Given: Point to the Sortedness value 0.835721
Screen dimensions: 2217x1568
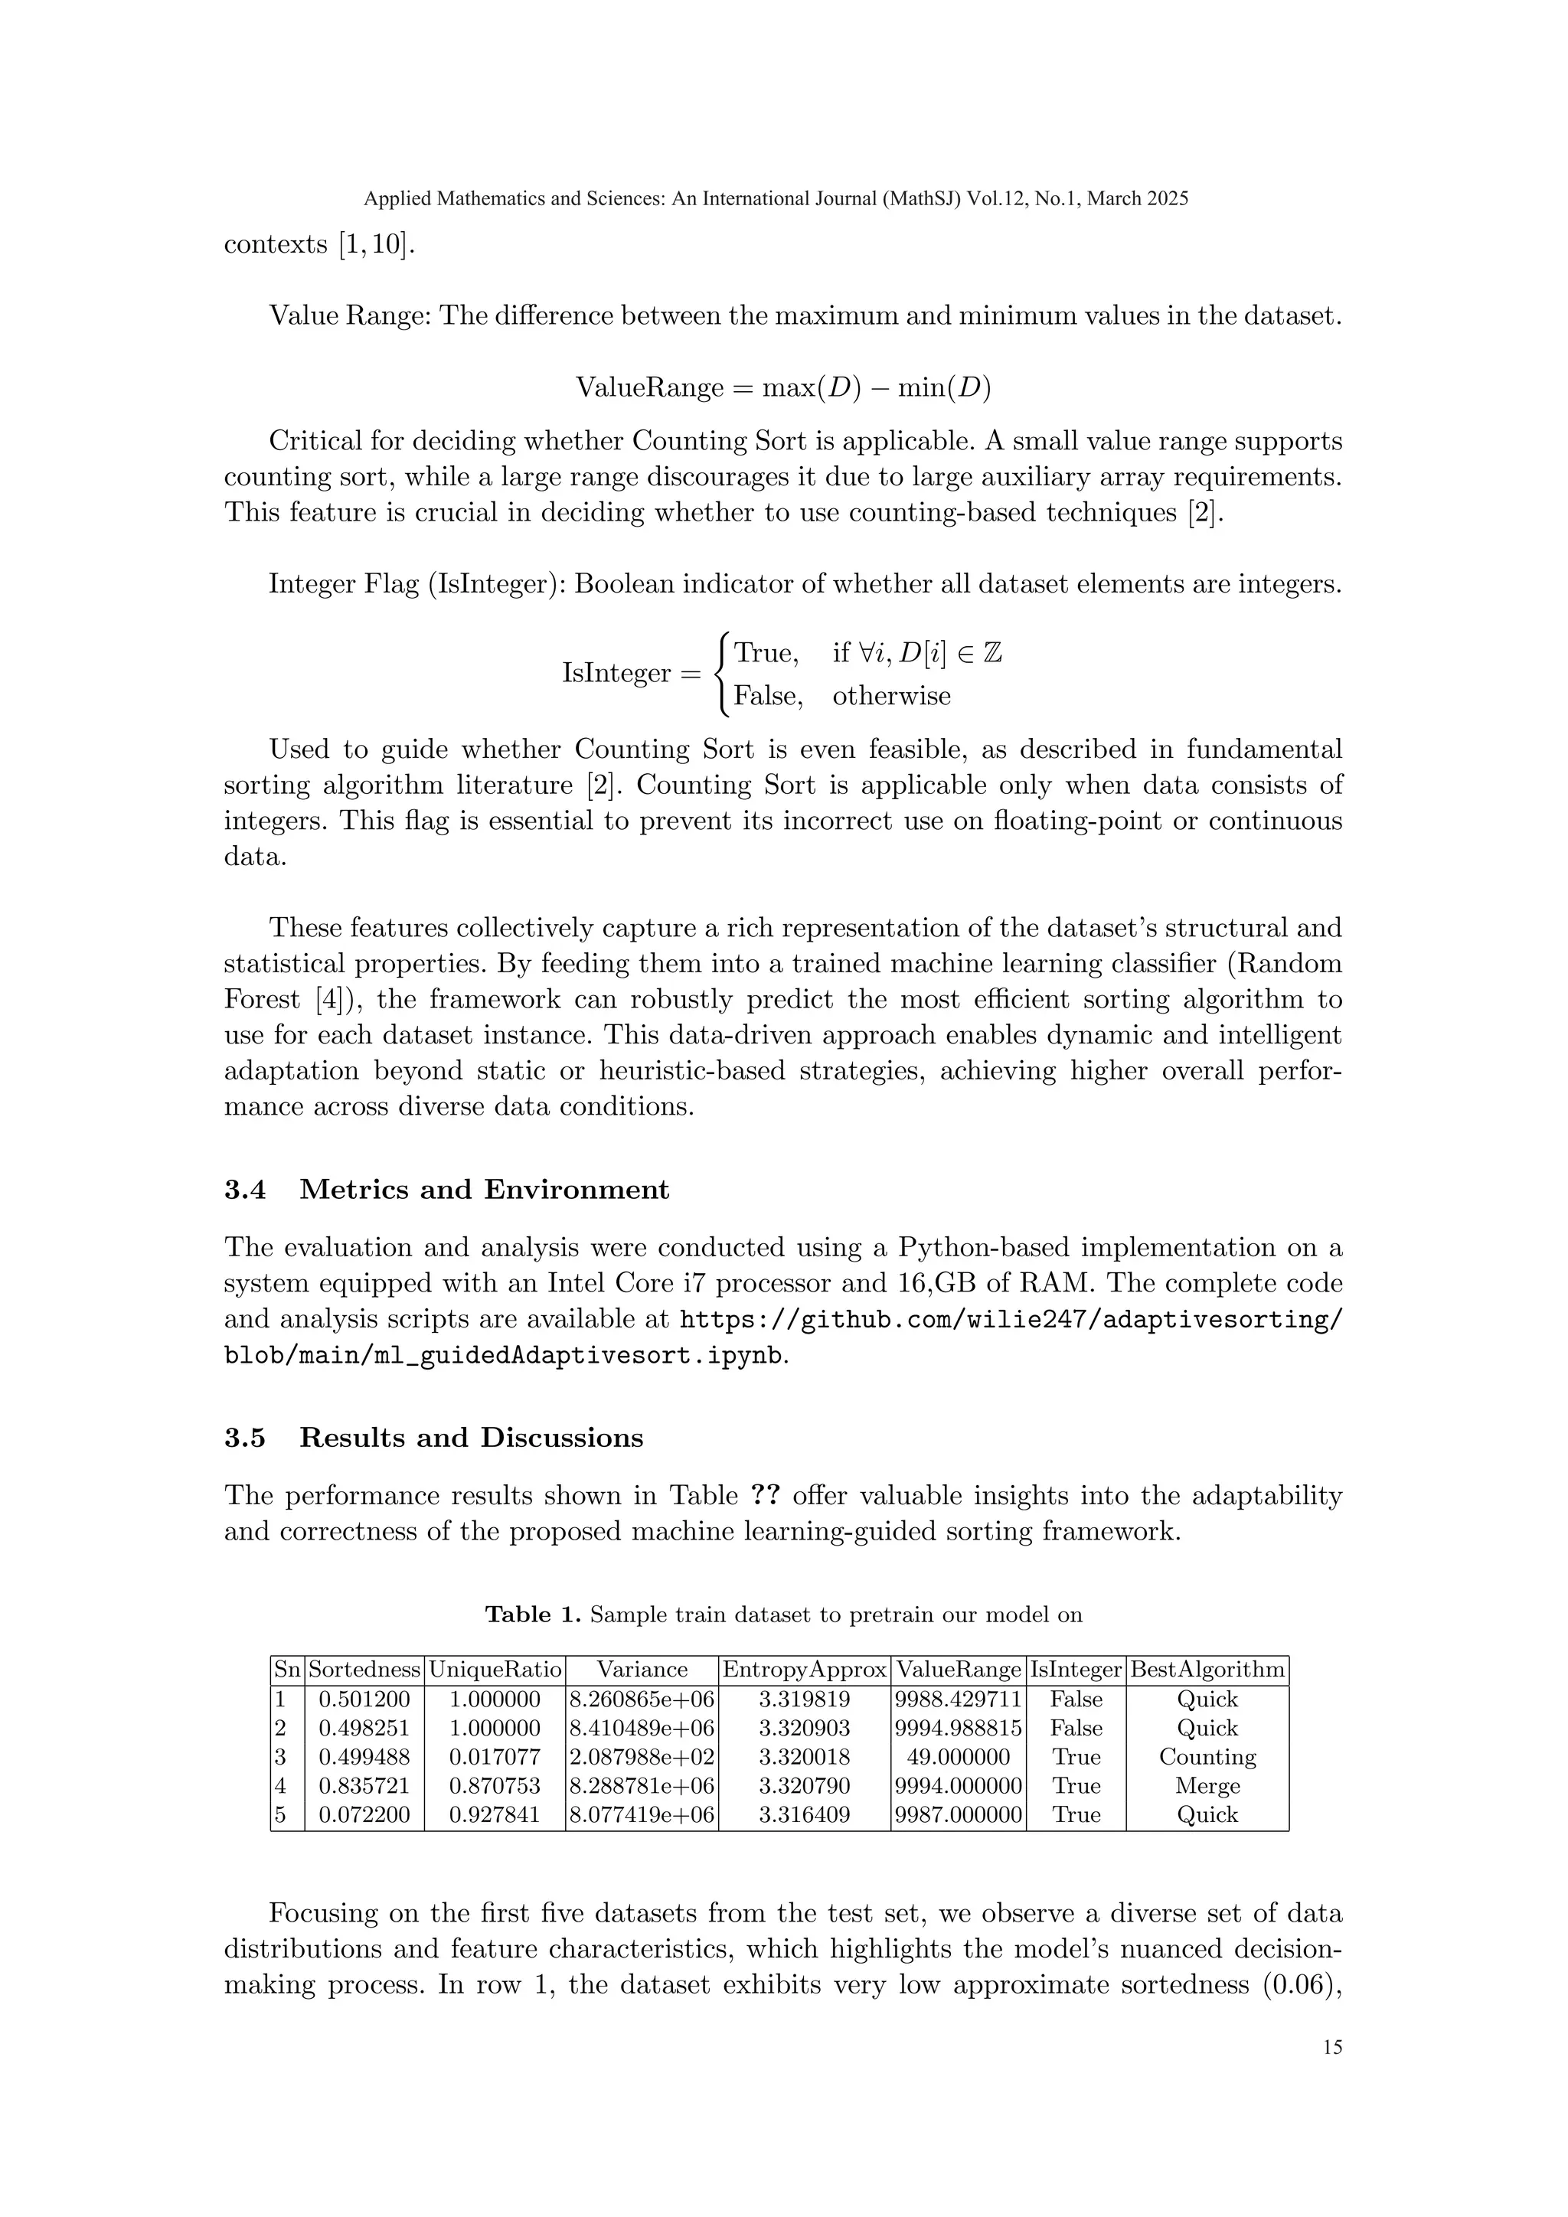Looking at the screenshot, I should pos(364,1785).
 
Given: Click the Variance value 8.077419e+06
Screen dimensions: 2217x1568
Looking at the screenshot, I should pos(642,1814).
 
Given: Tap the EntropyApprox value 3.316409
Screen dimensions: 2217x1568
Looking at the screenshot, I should pos(803,1814).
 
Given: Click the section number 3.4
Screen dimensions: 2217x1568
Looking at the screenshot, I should pos(245,1190).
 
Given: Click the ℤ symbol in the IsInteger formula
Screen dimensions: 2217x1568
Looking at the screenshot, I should pos(991,654).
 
